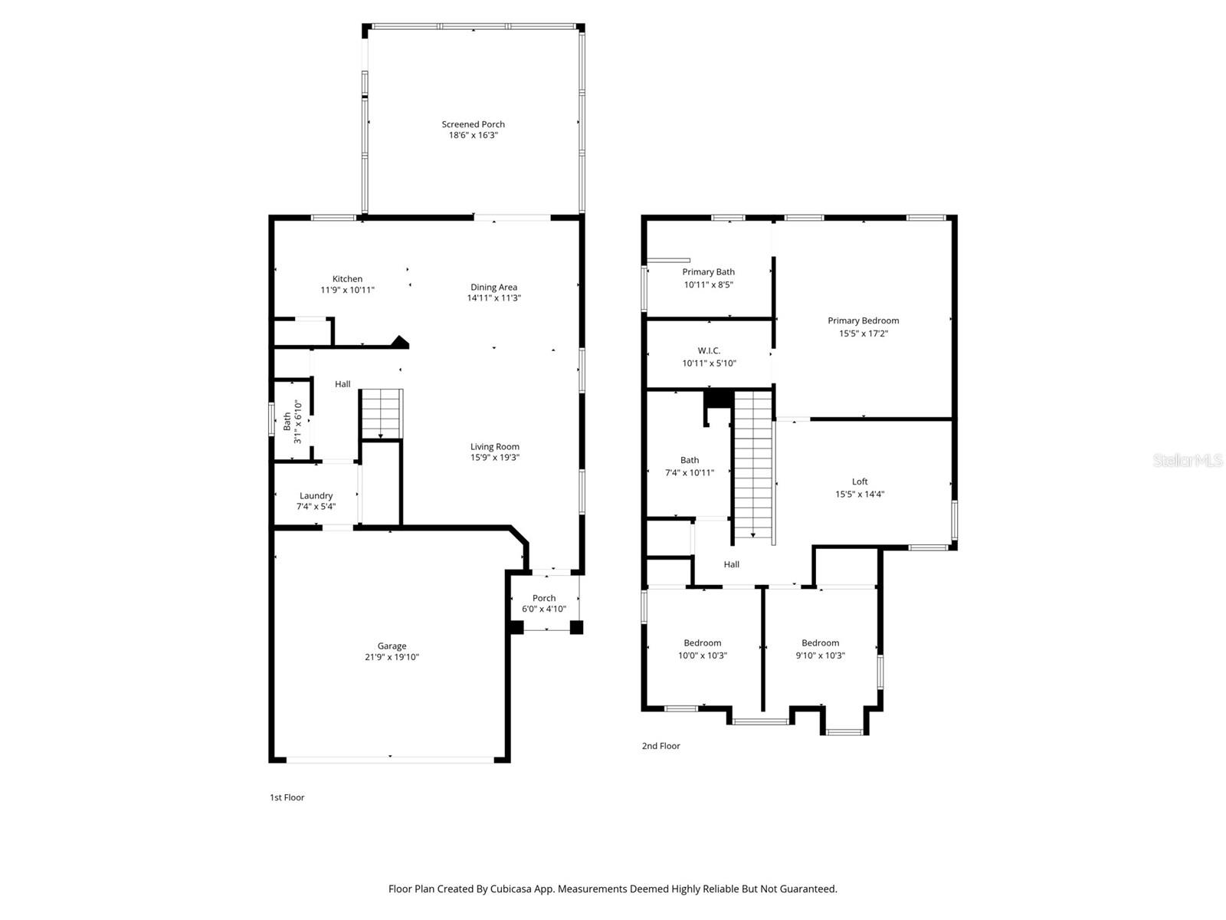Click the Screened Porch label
(x=473, y=124)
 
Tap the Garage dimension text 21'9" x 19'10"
(x=392, y=657)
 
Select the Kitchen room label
(x=347, y=279)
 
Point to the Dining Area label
(x=493, y=287)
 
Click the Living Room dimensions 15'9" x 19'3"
(x=495, y=458)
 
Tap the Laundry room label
(x=316, y=495)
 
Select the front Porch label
(x=544, y=598)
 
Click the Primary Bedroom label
(x=863, y=320)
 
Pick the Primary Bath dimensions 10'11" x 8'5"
(x=708, y=284)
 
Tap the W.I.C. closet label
(x=709, y=350)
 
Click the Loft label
(x=860, y=481)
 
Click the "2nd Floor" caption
(x=661, y=746)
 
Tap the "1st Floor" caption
(x=287, y=797)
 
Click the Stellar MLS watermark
(x=1186, y=460)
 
